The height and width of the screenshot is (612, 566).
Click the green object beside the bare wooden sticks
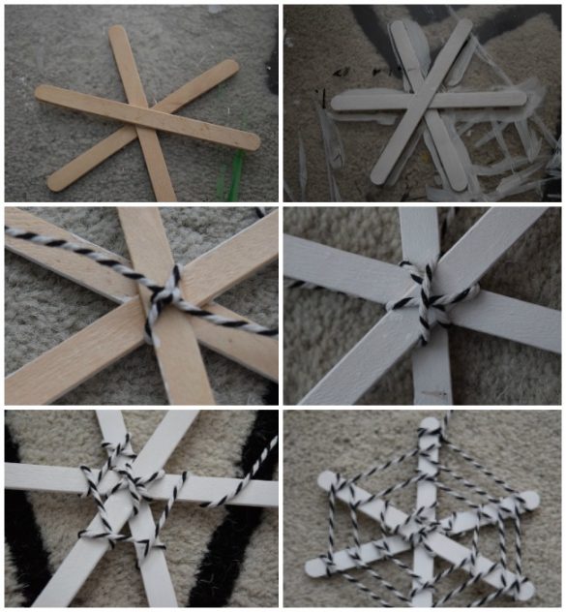(x=233, y=174)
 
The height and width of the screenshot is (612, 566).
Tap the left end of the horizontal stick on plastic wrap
(x=337, y=100)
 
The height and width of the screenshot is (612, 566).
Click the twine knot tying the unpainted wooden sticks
(x=164, y=294)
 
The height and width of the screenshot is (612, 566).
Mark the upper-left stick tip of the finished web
(x=326, y=477)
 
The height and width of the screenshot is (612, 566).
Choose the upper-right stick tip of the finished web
(x=531, y=500)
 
